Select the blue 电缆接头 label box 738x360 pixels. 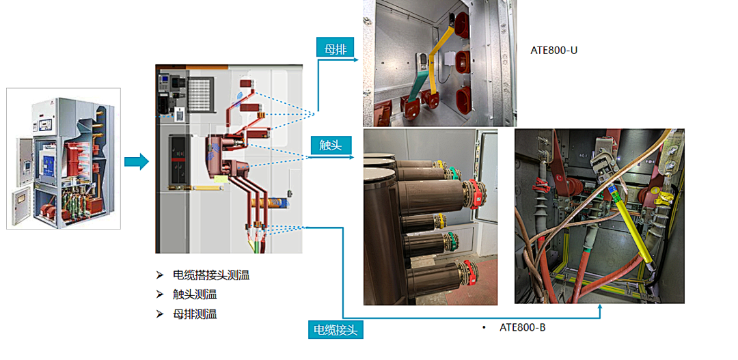point(335,329)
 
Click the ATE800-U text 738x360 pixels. point(554,50)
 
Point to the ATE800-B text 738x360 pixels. point(522,328)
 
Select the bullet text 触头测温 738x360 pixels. point(195,295)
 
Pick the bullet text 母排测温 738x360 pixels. point(195,314)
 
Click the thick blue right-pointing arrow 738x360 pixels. point(136,162)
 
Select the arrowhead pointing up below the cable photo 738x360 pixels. point(600,309)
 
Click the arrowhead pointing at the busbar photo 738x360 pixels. point(357,60)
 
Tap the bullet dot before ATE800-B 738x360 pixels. point(484,329)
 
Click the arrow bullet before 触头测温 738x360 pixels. point(160,295)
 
